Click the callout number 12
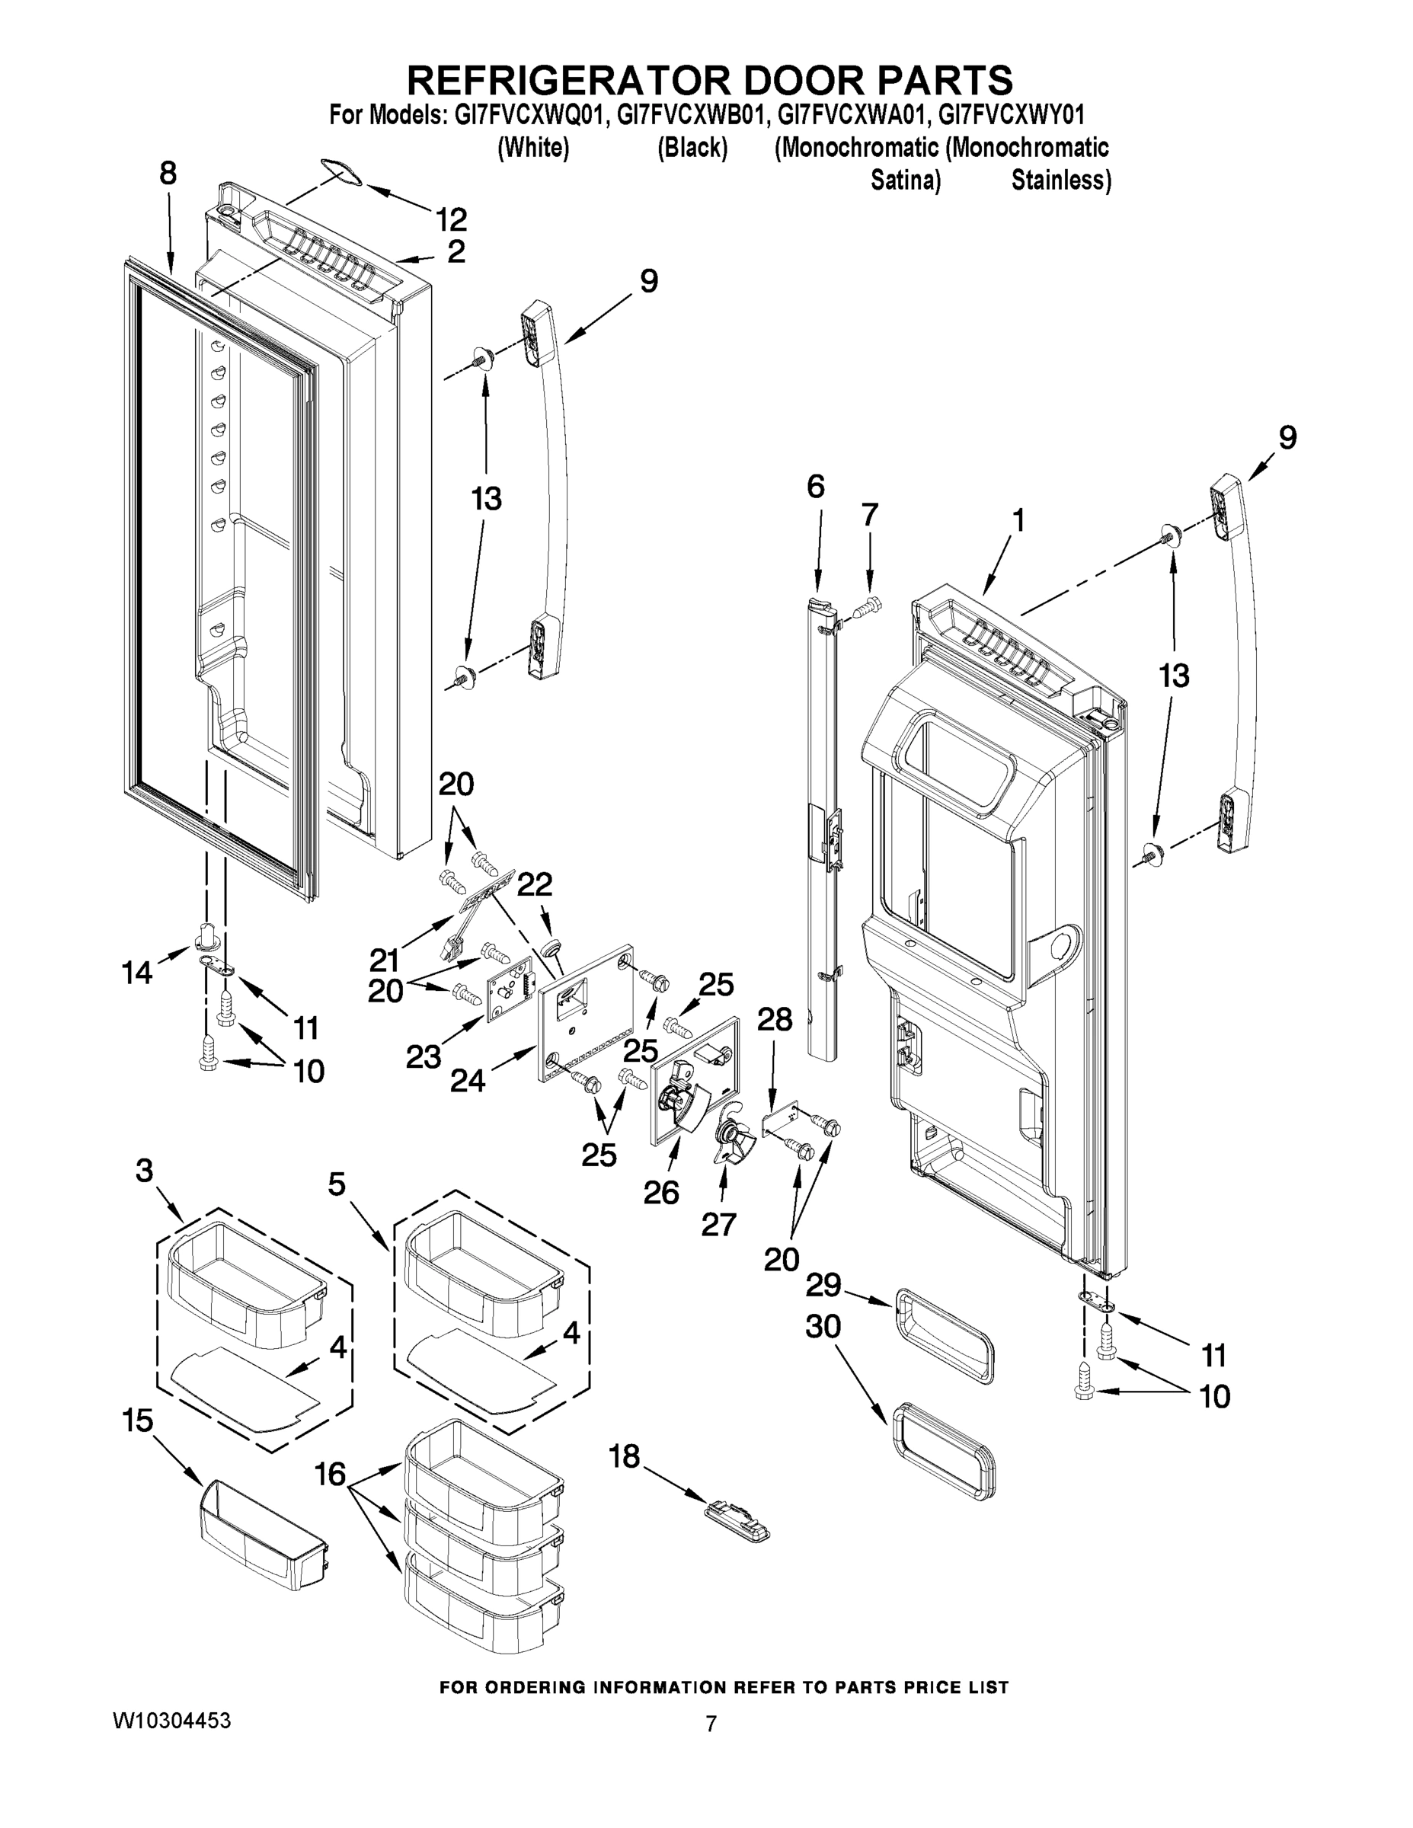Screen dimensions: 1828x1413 coord(450,220)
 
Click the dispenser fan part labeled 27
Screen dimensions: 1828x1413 coord(727,1140)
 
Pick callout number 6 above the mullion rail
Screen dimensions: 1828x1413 coord(815,486)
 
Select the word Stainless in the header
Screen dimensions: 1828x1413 coord(1060,181)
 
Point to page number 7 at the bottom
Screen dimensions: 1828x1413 coord(710,1724)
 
